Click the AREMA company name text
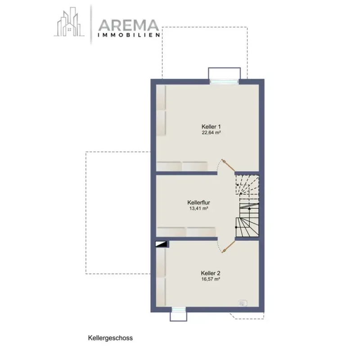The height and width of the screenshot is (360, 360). [129, 25]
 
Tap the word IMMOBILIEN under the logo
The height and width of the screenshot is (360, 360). [129, 35]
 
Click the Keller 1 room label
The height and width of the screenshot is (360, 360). [211, 126]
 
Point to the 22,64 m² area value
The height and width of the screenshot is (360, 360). [211, 132]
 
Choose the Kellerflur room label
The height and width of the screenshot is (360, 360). [199, 202]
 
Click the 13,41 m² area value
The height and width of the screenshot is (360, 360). [199, 208]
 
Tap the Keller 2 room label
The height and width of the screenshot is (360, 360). [211, 273]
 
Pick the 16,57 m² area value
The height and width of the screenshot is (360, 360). [211, 279]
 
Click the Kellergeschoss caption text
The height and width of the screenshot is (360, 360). [110, 338]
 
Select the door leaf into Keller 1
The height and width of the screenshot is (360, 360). [228, 165]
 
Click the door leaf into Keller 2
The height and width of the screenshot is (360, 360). [229, 247]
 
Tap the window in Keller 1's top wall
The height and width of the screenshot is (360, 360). [224, 81]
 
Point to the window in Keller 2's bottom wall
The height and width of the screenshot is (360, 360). [179, 310]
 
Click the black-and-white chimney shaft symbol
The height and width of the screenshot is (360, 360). [162, 244]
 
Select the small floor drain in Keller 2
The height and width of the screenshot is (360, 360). [243, 303]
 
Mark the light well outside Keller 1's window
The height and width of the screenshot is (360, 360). [224, 73]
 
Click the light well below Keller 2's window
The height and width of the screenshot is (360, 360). [179, 317]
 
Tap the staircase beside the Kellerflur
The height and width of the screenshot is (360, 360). [247, 206]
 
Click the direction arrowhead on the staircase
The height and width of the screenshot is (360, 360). [250, 208]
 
